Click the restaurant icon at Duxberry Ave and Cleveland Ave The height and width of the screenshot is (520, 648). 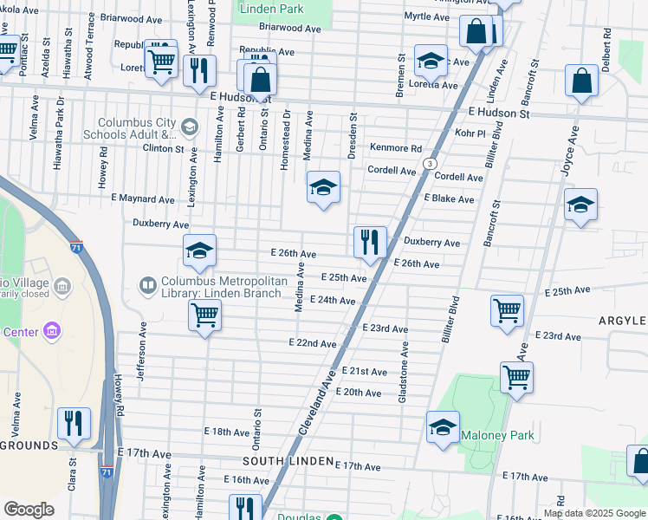point(370,242)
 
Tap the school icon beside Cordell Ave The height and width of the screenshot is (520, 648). point(323,187)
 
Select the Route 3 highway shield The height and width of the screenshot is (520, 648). point(429,164)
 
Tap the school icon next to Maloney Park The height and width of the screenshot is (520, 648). point(443,427)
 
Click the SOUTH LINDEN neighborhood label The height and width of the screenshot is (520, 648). point(286,461)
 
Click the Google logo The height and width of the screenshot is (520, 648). point(29,510)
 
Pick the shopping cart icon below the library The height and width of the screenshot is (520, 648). point(204,315)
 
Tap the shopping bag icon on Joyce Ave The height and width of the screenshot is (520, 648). point(582,81)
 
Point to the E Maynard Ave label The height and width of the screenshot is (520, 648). point(142,199)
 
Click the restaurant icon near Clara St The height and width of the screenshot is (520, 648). point(73,422)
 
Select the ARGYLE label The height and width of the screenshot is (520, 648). point(622,321)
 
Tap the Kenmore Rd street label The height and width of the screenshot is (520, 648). point(396,148)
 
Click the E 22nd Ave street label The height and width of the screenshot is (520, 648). point(312,343)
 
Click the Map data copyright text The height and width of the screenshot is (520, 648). point(594,513)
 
